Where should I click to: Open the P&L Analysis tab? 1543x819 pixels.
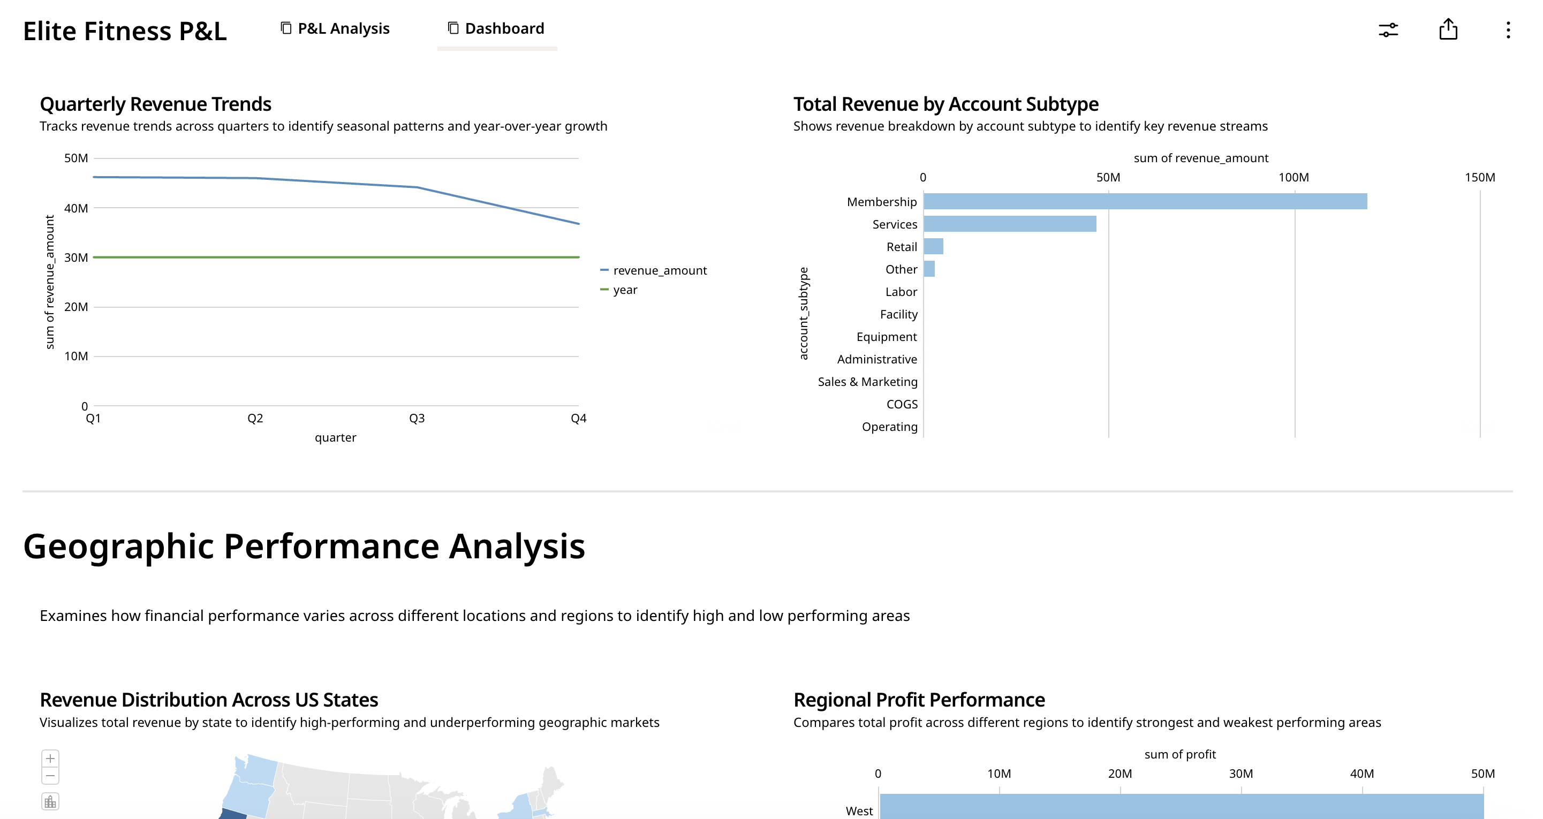pos(336,29)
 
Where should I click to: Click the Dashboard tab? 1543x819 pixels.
pos(496,29)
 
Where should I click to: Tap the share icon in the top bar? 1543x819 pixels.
pos(1448,29)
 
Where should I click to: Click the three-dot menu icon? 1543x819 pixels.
pos(1508,30)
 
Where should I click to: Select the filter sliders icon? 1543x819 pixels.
pos(1388,30)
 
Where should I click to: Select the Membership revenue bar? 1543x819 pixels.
pos(1144,201)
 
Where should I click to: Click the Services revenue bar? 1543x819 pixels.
pos(1009,224)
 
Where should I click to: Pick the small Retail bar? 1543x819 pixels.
pos(933,247)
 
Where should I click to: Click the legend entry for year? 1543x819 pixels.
pos(624,290)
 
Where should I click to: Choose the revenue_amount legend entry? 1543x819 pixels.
pos(659,271)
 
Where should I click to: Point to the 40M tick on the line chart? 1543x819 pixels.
pos(76,208)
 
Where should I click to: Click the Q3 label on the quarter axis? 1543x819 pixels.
pos(417,419)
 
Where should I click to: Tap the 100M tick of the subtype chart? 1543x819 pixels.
pos(1294,177)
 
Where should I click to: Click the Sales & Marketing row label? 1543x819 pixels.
pos(867,382)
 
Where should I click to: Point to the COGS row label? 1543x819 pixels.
pos(902,404)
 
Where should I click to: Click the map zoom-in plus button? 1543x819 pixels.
pos(50,759)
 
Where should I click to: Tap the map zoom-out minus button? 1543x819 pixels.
pos(50,776)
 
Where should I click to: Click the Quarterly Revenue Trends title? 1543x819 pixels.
pos(156,104)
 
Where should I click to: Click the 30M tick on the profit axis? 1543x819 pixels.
pos(1241,773)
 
